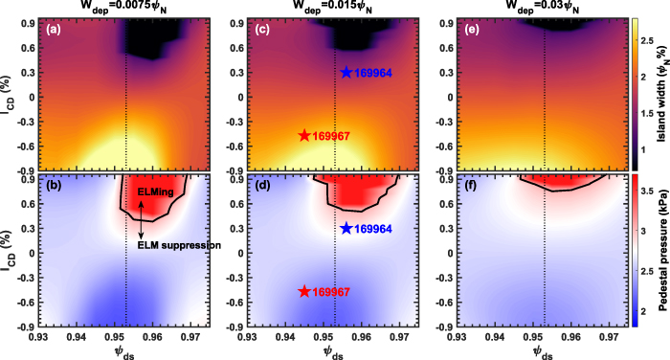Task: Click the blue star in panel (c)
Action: tap(346, 73)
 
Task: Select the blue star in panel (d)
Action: tap(346, 229)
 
